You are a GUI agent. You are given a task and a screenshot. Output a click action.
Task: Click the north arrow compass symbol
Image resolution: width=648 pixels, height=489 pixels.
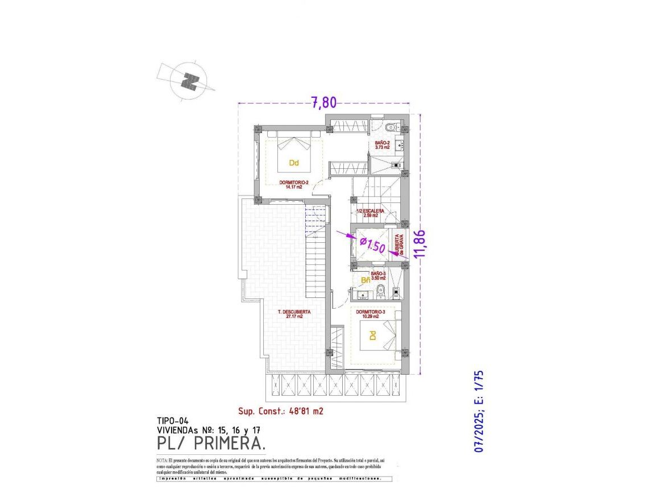(x=189, y=81)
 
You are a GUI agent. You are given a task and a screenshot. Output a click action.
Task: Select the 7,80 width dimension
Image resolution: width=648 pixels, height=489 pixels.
(x=323, y=102)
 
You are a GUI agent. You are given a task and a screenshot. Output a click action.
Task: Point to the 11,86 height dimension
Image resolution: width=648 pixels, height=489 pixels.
(x=421, y=243)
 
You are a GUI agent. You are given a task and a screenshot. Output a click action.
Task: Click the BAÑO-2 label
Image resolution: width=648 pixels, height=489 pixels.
(x=382, y=144)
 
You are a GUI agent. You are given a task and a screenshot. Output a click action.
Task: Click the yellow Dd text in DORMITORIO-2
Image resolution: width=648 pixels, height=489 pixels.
(x=294, y=163)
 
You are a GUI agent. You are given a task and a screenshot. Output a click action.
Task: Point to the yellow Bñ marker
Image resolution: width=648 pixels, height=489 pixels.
(x=366, y=280)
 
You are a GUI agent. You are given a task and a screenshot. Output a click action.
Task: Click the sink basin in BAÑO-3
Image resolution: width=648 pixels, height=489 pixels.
(x=364, y=294)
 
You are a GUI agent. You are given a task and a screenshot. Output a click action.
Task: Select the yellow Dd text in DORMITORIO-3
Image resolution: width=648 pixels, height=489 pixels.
(x=373, y=336)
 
